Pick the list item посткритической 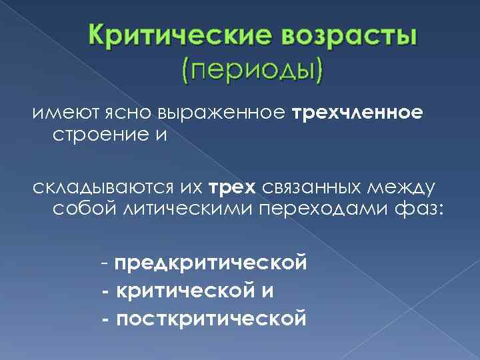pyautogui.click(x=211, y=319)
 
